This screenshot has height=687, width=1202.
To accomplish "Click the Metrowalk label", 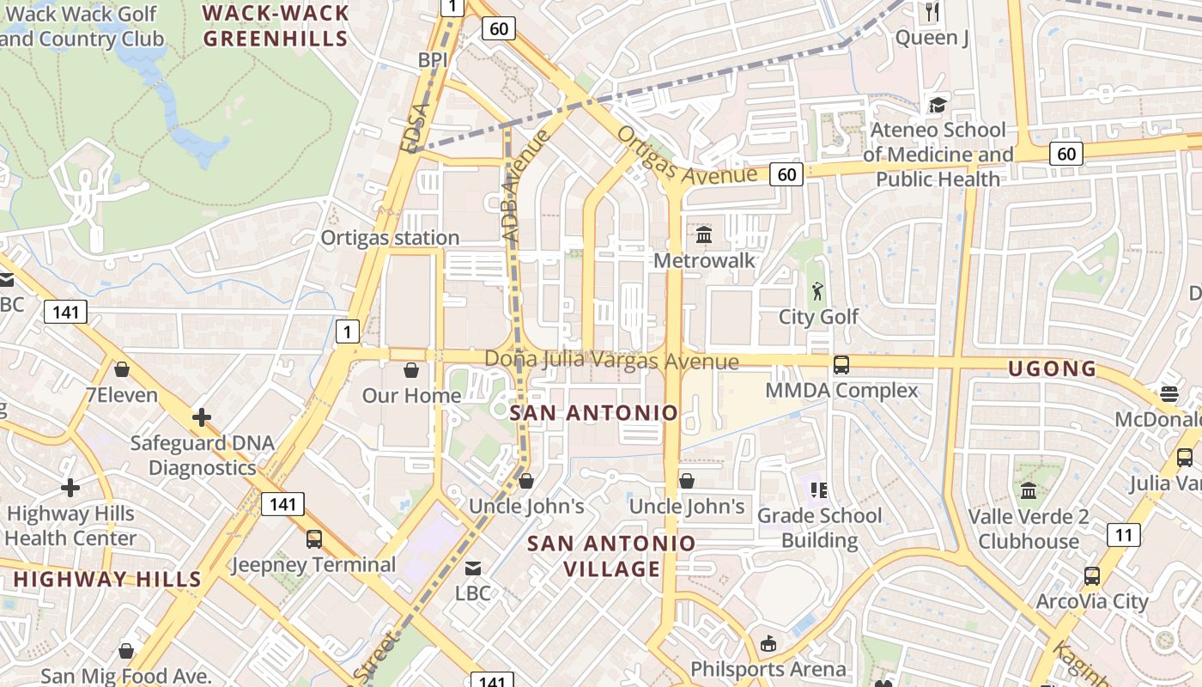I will coord(704,260).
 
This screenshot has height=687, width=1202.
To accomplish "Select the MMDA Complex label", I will coord(841,391).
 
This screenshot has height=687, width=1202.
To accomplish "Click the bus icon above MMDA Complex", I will coord(841,364).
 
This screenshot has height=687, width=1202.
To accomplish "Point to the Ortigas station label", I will coord(390,238).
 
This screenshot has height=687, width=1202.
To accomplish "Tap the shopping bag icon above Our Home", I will coord(411,370).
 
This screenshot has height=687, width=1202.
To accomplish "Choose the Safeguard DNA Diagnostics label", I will coord(203,456).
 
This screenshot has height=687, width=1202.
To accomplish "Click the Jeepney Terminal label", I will coord(314,565).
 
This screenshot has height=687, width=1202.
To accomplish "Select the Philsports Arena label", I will coord(768,669).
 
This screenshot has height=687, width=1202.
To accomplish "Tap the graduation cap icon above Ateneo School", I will coord(937,105).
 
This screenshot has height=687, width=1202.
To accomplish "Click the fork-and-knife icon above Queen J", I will coord(932,11).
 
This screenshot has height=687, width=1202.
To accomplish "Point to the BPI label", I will coord(434,60).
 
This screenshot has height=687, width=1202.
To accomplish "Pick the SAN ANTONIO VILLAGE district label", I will coord(611,556).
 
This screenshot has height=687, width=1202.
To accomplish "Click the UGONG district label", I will coord(1052,369).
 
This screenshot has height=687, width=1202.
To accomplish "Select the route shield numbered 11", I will coord(1124,534).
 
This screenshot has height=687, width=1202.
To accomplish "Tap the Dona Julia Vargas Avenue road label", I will coord(611,361).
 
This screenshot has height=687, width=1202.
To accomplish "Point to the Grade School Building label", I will coord(819,527).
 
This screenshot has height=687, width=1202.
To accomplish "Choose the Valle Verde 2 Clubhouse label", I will coord(1029,529).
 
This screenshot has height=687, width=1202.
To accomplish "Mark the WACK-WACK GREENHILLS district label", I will coord(276,26).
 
